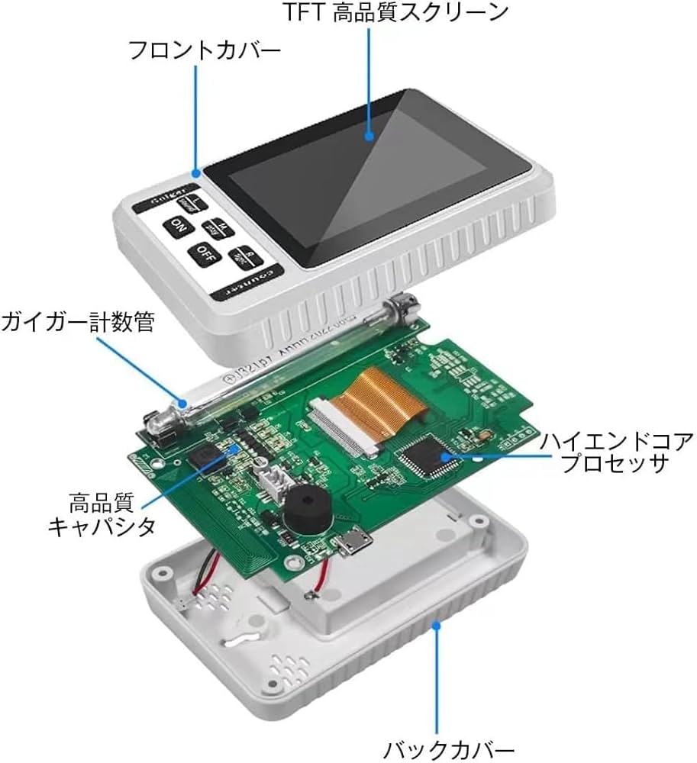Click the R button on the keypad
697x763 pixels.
click(x=242, y=256)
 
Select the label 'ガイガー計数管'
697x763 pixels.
click(x=78, y=322)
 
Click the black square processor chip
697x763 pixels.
click(x=427, y=456)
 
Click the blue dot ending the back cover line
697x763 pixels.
click(x=437, y=625)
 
